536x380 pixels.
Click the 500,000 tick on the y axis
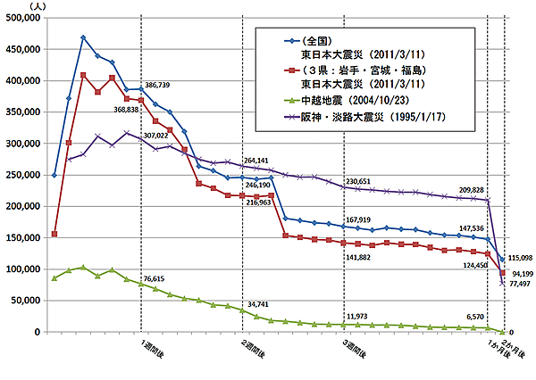pos(22,17)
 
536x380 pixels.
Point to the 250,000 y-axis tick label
pos(22,175)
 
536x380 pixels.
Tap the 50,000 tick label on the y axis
pos(25,301)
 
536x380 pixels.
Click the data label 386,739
pos(156,84)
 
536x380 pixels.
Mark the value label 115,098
pos(518,258)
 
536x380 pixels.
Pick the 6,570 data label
pos(469,317)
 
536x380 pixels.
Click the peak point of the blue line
pos(83,37)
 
